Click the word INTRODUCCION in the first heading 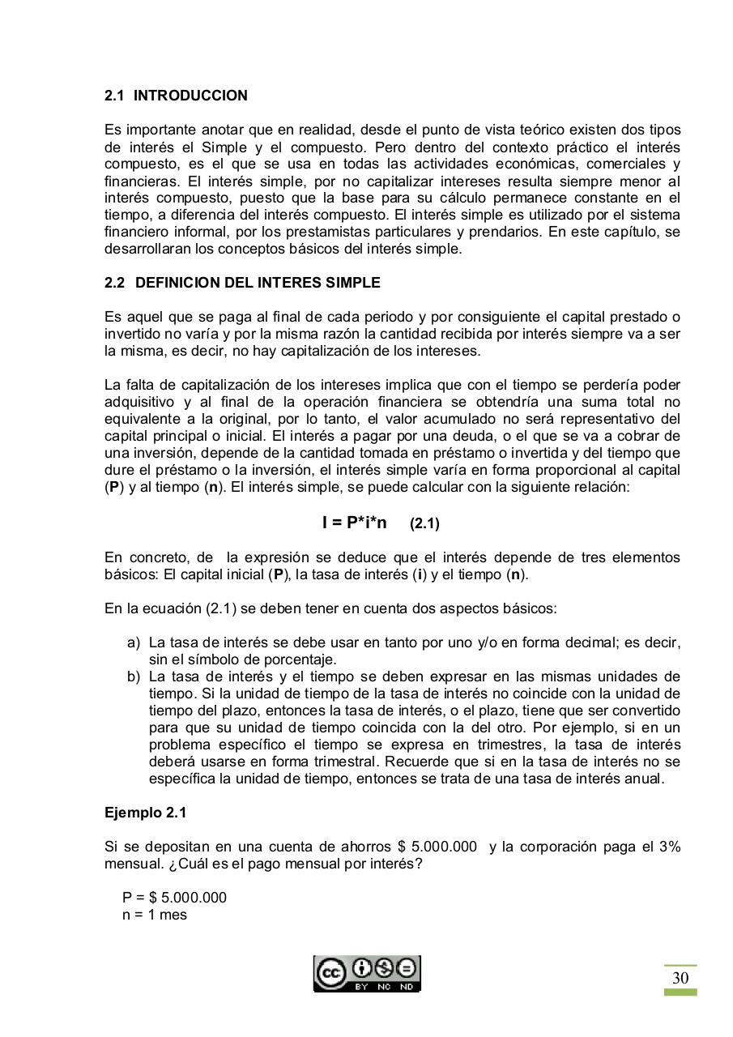[x=190, y=96]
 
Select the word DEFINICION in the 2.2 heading [x=174, y=283]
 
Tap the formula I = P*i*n [x=354, y=523]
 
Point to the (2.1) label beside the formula [x=424, y=523]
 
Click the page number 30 [x=680, y=978]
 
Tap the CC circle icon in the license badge [x=330, y=973]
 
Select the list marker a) [x=134, y=642]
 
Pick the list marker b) [x=134, y=676]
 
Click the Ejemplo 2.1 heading [x=145, y=813]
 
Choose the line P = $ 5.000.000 [x=174, y=898]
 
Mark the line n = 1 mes [x=155, y=915]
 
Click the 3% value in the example [x=669, y=847]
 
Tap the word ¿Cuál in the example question [x=186, y=864]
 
